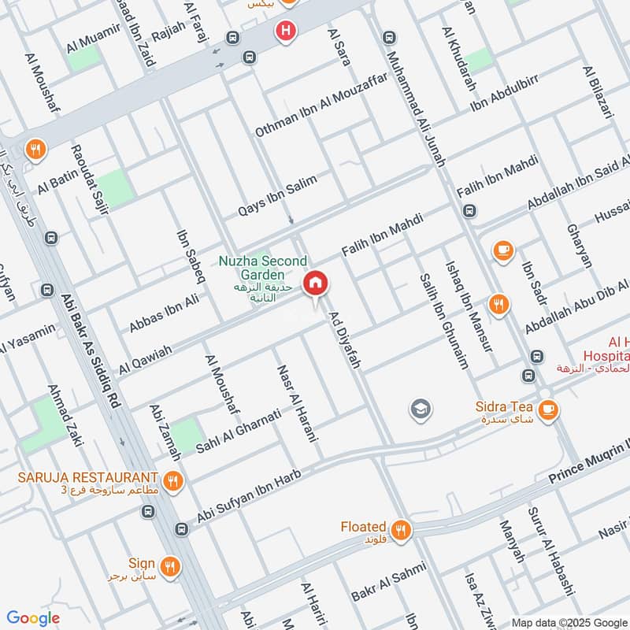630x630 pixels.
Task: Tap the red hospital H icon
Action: [x=285, y=31]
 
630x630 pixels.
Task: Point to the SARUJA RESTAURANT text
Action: [x=88, y=477]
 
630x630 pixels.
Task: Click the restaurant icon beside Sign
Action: [x=170, y=565]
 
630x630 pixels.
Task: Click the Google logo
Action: [x=33, y=618]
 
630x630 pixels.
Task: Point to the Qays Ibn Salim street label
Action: [x=278, y=196]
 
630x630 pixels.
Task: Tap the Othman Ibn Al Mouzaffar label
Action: [x=321, y=108]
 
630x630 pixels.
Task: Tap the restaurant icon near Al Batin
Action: [x=34, y=148]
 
